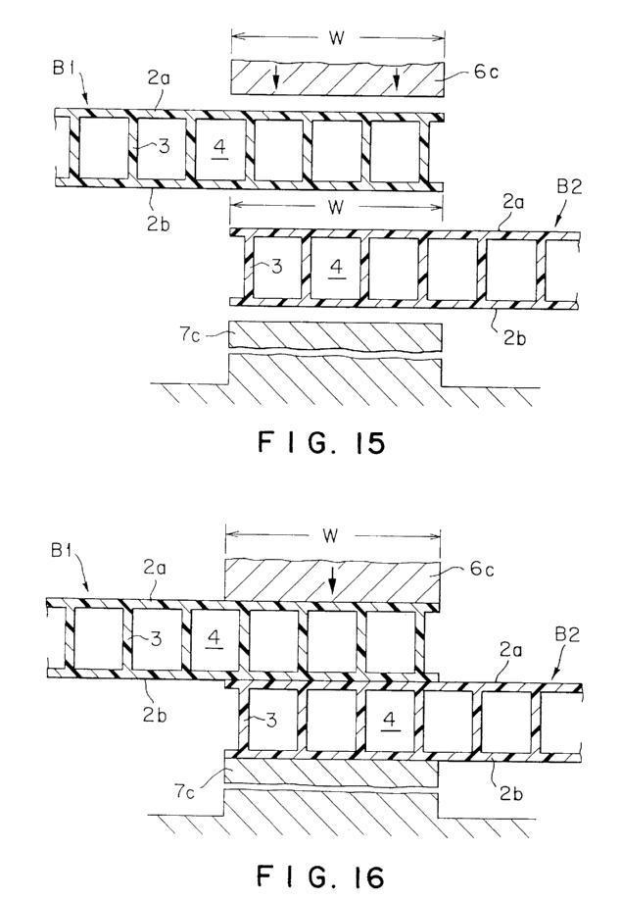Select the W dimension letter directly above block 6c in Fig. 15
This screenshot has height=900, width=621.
pyautogui.click(x=336, y=40)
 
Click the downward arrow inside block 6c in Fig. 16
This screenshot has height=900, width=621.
pyautogui.click(x=332, y=583)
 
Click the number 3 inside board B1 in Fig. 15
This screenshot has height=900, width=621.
pyautogui.click(x=165, y=147)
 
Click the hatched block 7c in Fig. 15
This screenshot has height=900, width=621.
pyautogui.click(x=333, y=336)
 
